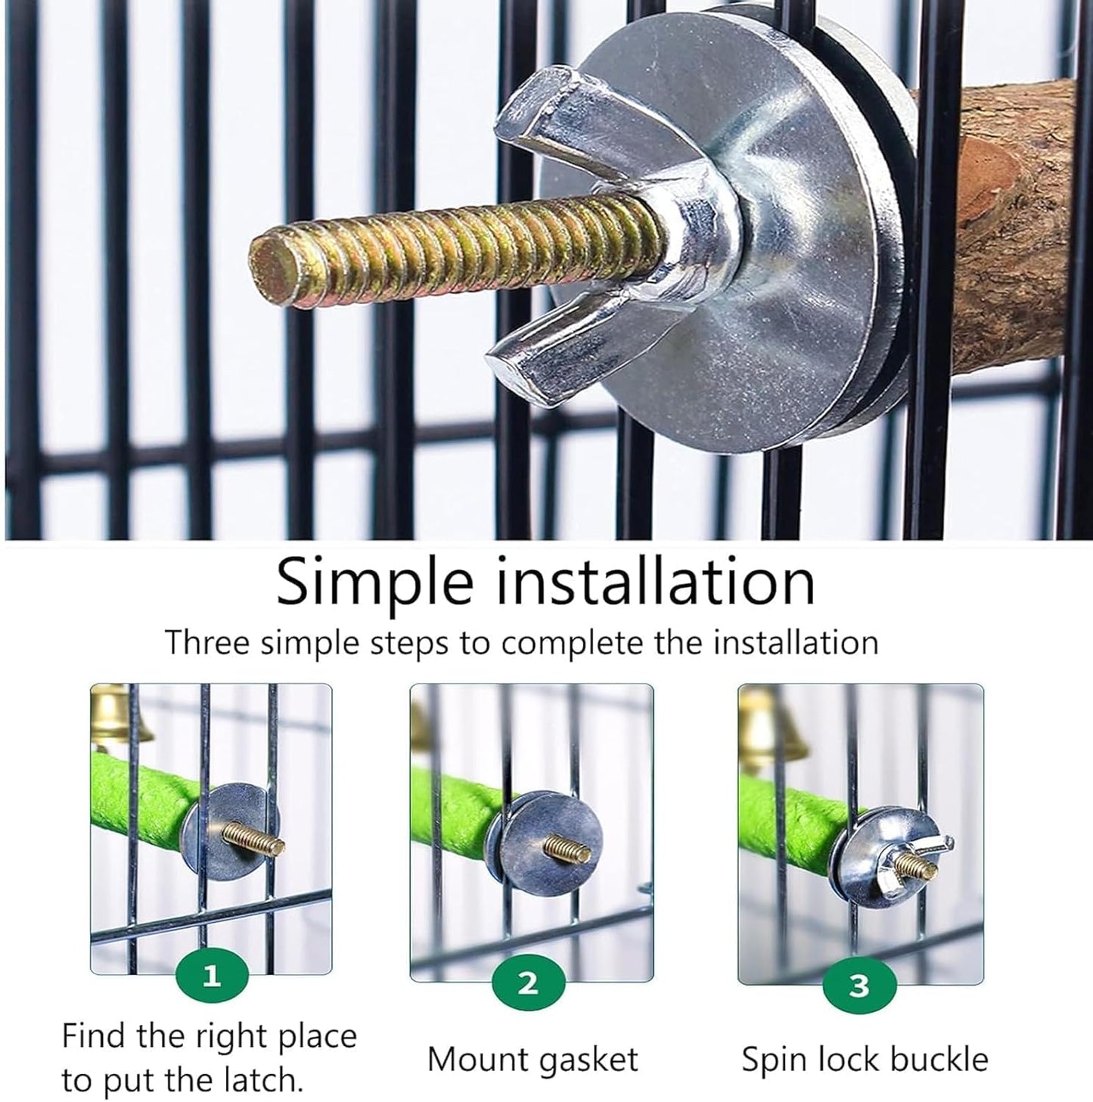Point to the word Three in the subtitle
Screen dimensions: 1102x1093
206,644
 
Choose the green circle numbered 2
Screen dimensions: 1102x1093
528,983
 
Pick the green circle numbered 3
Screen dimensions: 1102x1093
859,986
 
